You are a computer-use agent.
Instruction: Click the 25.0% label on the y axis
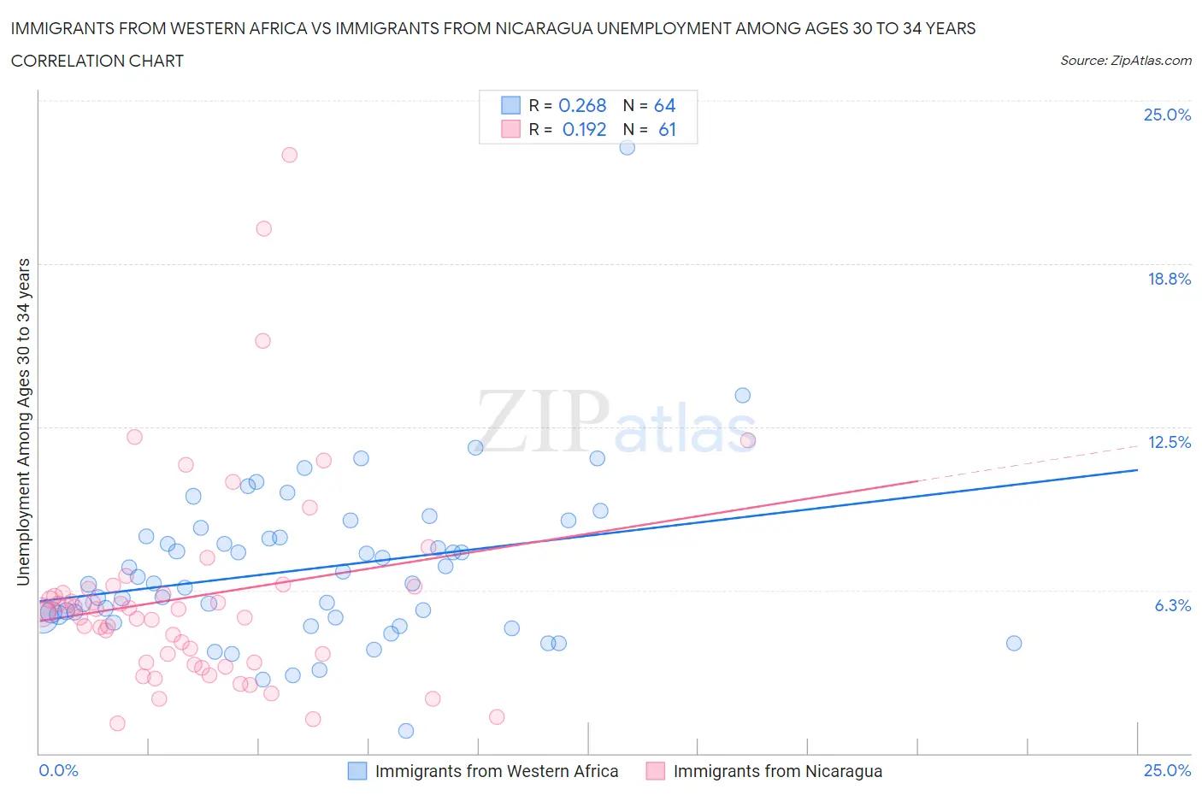point(1167,115)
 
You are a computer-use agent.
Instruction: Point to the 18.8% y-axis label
point(1169,279)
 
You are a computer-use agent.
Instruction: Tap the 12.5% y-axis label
point(1169,442)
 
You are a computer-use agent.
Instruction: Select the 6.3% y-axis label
point(1172,605)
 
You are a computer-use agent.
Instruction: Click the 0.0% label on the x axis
point(58,770)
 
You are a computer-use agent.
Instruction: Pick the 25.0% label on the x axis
point(1167,770)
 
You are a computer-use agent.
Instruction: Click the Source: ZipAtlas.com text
point(1125,61)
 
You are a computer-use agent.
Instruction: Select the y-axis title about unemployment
point(23,422)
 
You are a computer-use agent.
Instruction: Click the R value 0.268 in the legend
point(582,105)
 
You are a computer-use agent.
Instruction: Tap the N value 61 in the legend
point(667,129)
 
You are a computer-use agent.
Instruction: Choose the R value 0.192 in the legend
point(584,129)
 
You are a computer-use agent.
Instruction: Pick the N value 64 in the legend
point(664,105)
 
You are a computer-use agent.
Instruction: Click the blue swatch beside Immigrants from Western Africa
point(357,771)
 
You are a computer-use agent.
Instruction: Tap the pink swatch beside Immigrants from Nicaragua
point(656,771)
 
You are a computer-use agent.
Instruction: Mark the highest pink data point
point(290,155)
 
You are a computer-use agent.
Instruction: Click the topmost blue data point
point(627,147)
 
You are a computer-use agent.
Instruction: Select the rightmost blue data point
point(1014,643)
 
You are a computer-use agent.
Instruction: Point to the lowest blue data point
point(406,731)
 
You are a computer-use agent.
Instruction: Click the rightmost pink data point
point(748,440)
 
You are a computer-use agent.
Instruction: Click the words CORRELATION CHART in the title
point(97,61)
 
